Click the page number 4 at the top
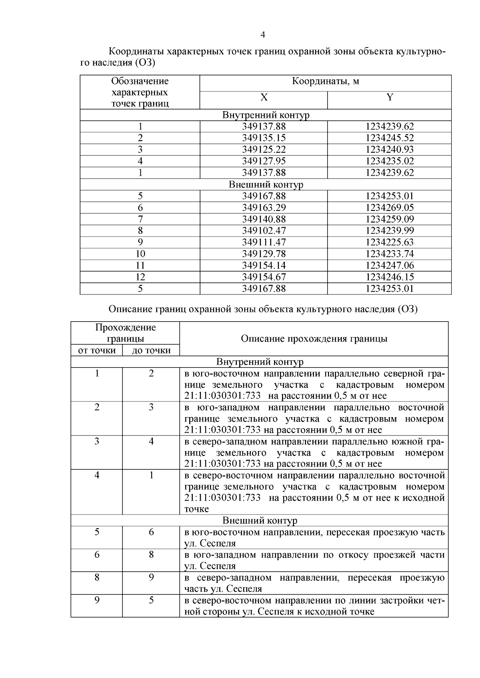pos(263,35)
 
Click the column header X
pos(264,97)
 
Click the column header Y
pos(390,97)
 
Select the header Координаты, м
pos(325,82)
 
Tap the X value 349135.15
pos(264,138)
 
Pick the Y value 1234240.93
pos(390,149)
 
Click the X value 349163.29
pos(264,207)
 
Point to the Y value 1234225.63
pos(390,242)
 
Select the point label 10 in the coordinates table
pos(140,254)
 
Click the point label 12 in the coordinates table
pos(140,277)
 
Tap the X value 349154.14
pos(264,265)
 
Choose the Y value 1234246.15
pos(390,277)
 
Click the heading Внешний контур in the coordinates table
pos(266,185)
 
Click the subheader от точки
pos(97,350)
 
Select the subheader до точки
pos(151,350)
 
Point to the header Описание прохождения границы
pos(314,339)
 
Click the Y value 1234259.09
pos(390,219)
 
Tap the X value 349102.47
pos(264,231)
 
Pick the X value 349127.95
pos(264,161)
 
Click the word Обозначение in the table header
pos(140,81)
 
